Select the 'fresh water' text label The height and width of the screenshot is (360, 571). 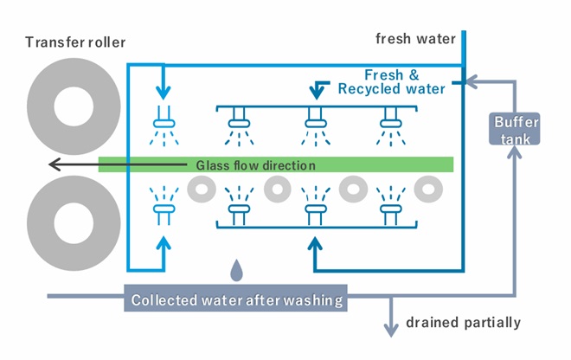point(414,39)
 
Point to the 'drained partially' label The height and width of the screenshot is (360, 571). point(464,323)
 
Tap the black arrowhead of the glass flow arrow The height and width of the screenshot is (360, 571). point(54,164)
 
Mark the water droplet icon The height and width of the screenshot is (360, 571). point(236,270)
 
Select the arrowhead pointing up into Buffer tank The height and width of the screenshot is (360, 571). point(516,154)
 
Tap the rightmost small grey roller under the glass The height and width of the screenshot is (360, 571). point(426,187)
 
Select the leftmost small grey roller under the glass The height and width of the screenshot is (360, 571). point(202,187)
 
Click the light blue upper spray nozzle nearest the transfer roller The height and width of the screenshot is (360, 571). point(164,120)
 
